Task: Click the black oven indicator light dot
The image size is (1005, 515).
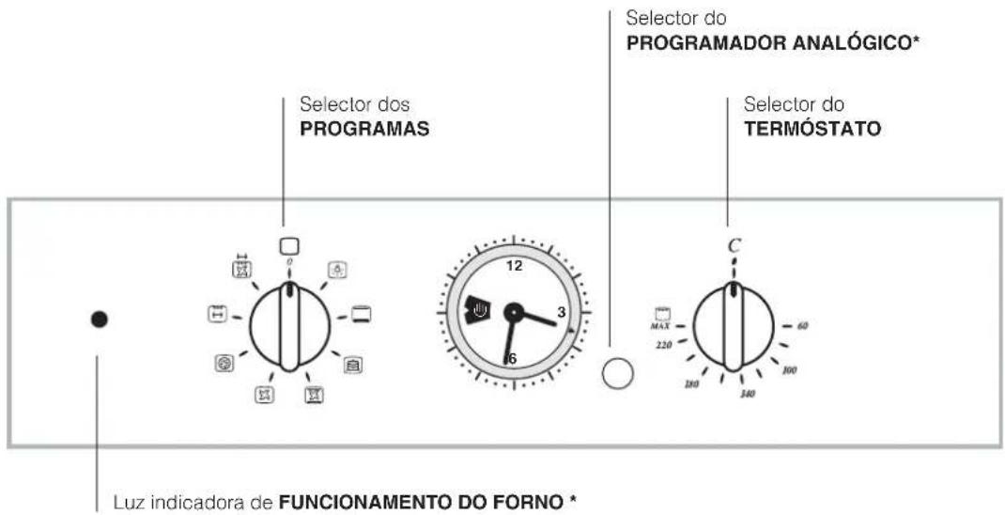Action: [99, 320]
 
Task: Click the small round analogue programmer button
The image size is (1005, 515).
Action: [617, 374]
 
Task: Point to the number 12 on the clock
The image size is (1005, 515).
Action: [513, 266]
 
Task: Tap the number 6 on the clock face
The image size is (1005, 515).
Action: [512, 358]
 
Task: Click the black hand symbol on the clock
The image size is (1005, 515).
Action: [474, 308]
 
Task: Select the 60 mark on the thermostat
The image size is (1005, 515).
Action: [802, 325]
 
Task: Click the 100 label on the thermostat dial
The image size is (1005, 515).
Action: [789, 370]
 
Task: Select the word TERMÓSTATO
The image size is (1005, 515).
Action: [812, 131]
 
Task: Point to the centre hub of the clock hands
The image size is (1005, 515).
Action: [513, 312]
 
